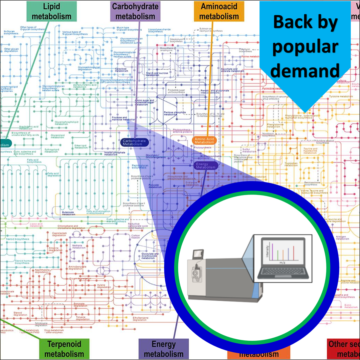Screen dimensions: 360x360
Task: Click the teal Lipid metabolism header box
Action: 52,11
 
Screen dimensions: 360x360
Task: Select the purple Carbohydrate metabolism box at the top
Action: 135,11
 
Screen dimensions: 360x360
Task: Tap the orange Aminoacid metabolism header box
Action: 219,11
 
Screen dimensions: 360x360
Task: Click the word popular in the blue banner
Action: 305,47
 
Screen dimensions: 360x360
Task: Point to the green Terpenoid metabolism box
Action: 64,349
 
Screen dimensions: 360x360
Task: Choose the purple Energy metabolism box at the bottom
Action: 163,349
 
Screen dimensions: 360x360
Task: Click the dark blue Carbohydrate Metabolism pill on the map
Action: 134,143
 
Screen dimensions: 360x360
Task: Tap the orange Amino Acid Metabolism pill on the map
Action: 204,141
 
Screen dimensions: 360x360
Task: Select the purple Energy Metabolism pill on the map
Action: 206,166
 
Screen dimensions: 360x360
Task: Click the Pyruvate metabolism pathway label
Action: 155,186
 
